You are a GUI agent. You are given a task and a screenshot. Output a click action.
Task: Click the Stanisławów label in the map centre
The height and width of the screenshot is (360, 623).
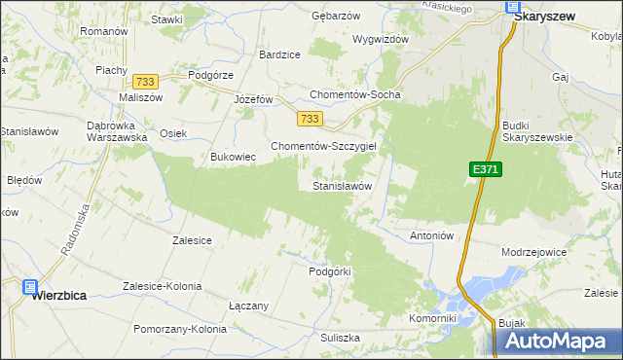pos(342,185)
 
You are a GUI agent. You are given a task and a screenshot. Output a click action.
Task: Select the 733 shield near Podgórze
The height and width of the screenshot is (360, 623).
pos(147,83)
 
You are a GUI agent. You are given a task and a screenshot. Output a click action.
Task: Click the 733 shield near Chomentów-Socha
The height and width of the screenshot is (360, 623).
pos(310,118)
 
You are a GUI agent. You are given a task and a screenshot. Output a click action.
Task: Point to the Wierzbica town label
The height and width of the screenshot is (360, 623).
pos(61,290)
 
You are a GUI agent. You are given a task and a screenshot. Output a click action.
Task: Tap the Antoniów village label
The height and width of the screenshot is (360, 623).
pos(433,235)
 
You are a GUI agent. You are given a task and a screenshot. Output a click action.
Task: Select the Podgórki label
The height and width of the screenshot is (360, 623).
pos(329,271)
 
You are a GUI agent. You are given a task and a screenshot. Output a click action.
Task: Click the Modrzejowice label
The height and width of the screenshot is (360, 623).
pos(533,251)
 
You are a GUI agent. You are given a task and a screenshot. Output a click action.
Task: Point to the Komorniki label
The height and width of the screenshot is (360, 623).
pos(433,318)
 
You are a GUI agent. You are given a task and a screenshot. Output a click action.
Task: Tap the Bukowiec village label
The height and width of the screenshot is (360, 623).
pos(233,156)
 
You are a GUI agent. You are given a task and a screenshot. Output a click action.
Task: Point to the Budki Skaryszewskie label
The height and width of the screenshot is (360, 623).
pos(536,131)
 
